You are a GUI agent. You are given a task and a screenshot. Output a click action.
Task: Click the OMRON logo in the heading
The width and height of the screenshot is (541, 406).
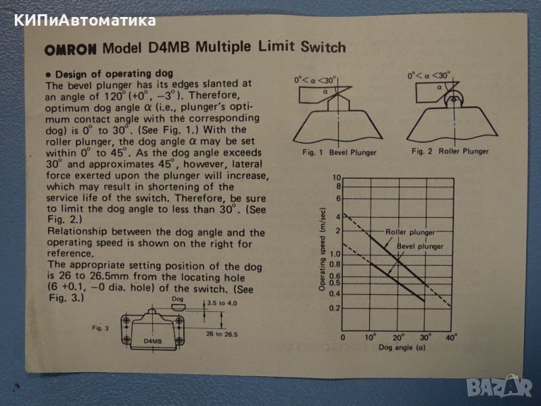point(70,49)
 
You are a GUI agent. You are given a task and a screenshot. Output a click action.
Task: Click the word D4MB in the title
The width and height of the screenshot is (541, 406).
point(168,47)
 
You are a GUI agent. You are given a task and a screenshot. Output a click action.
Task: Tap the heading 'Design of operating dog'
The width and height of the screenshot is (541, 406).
point(114,74)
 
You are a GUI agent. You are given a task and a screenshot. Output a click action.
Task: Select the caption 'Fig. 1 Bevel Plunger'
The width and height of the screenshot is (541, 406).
point(339,152)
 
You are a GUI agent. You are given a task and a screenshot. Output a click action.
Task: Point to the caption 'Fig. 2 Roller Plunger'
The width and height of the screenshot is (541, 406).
point(450,151)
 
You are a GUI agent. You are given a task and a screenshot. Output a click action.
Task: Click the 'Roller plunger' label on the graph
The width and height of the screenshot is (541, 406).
point(410,232)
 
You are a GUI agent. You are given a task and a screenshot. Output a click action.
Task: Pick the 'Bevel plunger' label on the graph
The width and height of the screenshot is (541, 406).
point(420,246)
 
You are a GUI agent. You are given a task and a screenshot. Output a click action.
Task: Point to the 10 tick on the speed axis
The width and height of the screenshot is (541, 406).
point(336,177)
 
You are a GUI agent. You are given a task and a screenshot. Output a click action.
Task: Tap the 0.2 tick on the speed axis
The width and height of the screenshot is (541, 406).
point(334,308)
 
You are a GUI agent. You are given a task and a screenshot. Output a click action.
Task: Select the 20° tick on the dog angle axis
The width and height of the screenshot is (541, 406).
point(398,337)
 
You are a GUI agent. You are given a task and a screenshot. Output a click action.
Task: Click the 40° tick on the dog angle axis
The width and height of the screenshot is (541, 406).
point(452,337)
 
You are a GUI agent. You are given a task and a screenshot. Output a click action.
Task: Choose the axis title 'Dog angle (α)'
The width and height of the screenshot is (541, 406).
point(402,347)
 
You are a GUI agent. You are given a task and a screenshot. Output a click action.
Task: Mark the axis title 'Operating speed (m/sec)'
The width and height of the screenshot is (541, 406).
point(322,249)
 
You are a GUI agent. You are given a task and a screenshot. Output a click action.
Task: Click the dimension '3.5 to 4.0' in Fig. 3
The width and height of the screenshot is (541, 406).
point(222,303)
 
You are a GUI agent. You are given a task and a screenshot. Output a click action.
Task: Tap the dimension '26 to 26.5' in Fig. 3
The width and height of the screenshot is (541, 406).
point(222,334)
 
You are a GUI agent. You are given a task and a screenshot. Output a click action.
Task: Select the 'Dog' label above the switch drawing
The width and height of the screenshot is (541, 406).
point(177,299)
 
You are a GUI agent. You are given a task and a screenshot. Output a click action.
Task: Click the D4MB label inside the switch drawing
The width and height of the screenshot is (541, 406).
point(153,341)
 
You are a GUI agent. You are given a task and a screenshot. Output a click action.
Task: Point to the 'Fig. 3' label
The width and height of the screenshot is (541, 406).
point(100,328)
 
